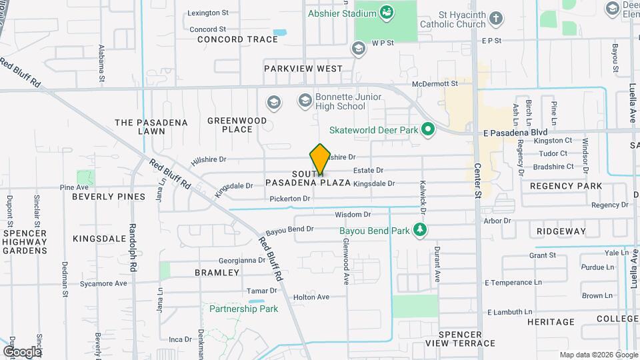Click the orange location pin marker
pos(320,159)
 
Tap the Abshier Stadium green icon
pos(386,13)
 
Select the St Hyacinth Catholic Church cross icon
pos(495,18)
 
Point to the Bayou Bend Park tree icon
pos(419,231)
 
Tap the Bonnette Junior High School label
pos(341,101)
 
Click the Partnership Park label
pos(243,309)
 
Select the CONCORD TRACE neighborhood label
pos(238,39)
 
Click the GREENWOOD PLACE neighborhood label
pos(237,125)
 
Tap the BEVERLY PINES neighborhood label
pos(109,197)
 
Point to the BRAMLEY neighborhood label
pos(217,273)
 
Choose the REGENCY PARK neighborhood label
pos(566,186)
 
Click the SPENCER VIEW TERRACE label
pos(467,339)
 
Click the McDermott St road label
pos(435,84)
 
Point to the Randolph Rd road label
pos(133,247)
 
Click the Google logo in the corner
pos(21,351)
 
